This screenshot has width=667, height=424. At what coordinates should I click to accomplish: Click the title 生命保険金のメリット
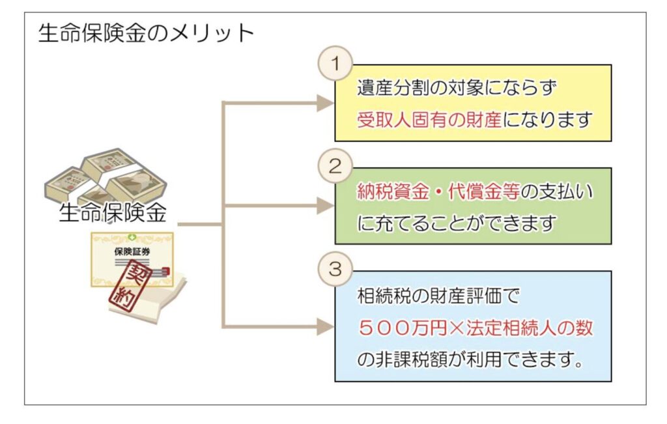[146, 33]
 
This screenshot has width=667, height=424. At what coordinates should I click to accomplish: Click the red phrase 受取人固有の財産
[429, 120]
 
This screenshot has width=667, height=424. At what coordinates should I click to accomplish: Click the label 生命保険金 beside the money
[112, 213]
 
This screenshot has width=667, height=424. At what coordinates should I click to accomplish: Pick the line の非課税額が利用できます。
[470, 360]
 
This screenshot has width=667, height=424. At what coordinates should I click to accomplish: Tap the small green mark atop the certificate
[132, 237]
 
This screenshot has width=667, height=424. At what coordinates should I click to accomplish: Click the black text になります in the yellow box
[548, 120]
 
